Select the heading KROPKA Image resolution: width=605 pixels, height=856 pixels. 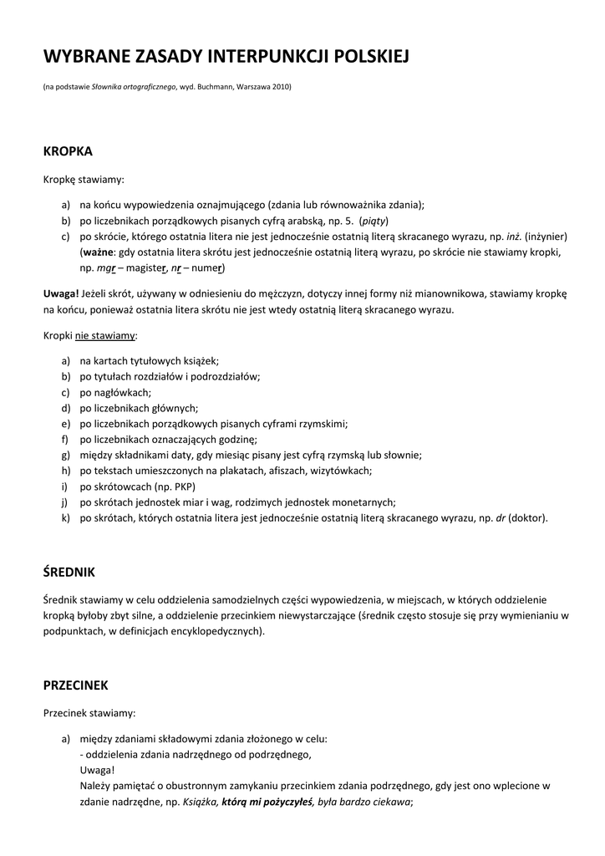(68, 151)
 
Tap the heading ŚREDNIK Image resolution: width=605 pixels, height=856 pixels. (69, 572)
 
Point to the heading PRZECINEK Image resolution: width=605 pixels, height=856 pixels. (76, 685)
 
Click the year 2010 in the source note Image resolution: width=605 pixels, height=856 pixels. (280, 87)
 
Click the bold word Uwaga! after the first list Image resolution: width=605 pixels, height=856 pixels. (61, 293)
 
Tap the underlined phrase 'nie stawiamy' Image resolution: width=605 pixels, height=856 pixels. (106, 335)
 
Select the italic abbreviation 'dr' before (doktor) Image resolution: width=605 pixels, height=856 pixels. (501, 518)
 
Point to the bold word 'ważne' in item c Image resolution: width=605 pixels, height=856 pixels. (99, 252)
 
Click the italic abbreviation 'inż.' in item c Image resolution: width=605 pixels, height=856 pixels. (513, 237)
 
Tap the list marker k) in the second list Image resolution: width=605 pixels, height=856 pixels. (66, 518)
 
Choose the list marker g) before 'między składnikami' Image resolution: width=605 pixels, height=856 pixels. (66, 456)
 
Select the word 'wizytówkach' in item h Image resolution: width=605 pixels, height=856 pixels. (343, 471)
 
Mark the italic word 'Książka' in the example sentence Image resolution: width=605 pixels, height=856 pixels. (199, 802)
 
